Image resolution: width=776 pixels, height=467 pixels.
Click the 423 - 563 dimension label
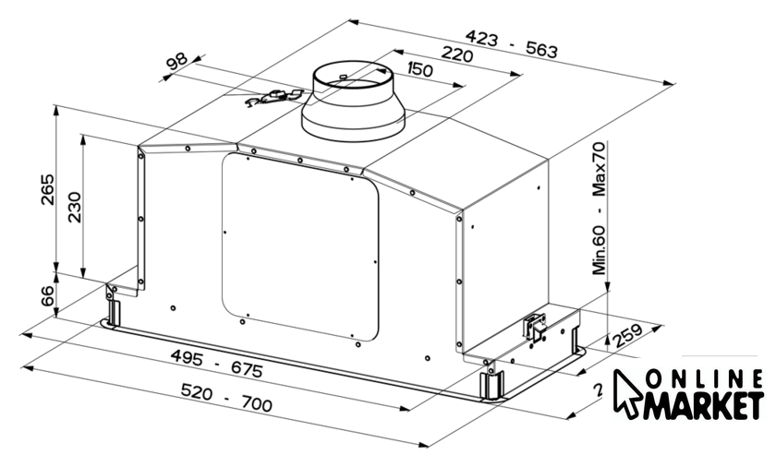[511, 43]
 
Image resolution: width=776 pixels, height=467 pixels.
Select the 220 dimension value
[456, 54]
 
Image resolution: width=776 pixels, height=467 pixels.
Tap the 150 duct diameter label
[419, 69]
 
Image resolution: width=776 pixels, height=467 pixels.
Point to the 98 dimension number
[176, 61]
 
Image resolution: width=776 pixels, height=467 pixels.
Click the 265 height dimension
[48, 189]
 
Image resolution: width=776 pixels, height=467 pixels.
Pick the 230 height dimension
[74, 207]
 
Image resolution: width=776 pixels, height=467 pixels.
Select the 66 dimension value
[47, 295]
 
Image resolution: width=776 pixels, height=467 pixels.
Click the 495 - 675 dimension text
[217, 363]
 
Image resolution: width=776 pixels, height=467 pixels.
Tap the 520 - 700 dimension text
[226, 397]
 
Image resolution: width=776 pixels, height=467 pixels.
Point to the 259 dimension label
[627, 336]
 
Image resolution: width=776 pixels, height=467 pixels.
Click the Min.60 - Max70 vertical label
[600, 208]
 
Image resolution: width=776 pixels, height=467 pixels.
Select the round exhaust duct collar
[353, 101]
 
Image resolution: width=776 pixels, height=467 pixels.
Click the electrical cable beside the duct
[273, 97]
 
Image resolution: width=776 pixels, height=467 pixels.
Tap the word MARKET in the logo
[703, 406]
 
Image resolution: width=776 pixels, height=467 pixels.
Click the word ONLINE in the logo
[704, 379]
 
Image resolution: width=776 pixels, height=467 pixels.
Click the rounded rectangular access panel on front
[300, 246]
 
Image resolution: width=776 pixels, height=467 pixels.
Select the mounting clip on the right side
[536, 327]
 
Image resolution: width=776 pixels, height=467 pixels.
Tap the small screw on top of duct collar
[343, 76]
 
